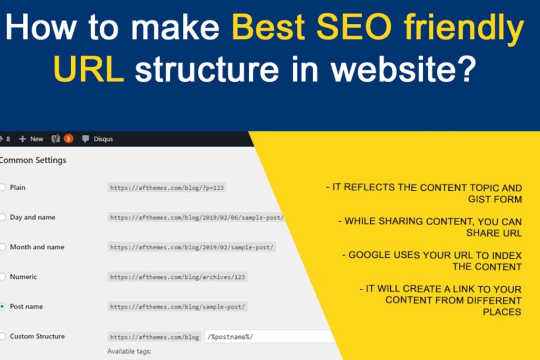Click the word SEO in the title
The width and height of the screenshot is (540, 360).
click(x=354, y=27)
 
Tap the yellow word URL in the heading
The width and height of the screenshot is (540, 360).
click(x=89, y=69)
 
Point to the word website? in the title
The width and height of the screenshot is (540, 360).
click(x=403, y=69)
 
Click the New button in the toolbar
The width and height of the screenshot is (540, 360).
click(x=31, y=139)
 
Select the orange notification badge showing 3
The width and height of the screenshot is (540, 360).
click(x=68, y=139)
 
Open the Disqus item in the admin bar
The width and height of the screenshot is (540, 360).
click(x=98, y=139)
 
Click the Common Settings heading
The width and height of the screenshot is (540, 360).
click(x=33, y=160)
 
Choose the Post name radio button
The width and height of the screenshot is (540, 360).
click(x=3, y=306)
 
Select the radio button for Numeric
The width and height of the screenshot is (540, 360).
click(x=3, y=277)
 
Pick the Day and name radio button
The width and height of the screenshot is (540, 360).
click(x=3, y=217)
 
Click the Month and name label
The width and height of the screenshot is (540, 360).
click(x=37, y=247)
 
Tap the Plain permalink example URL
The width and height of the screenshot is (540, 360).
click(x=167, y=188)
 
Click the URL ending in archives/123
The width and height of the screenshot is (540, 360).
click(x=177, y=277)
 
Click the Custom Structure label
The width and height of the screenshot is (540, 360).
click(x=37, y=336)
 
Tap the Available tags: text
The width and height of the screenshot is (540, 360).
click(x=129, y=352)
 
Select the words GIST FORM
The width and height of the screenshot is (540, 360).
click(x=495, y=199)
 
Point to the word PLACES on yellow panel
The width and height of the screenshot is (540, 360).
click(x=502, y=312)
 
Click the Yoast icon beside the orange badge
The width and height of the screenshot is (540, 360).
click(x=55, y=139)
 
